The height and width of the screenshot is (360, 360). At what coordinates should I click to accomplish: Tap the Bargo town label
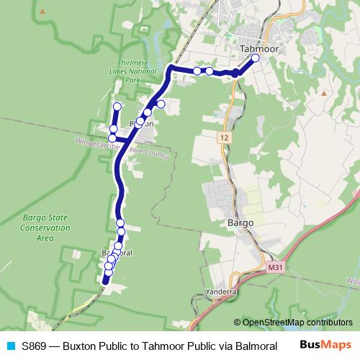pos(240,223)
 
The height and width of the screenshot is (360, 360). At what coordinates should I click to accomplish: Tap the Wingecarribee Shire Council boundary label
pos(121,148)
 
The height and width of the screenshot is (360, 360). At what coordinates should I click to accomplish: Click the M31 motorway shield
pos(272,267)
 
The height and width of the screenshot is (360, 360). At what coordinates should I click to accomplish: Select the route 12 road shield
pos(225,135)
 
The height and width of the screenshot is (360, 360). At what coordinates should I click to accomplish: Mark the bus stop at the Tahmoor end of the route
pos(255,58)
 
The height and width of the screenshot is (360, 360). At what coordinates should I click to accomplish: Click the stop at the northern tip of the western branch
pos(117,107)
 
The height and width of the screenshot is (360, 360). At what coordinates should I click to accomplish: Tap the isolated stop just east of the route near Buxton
pos(161,104)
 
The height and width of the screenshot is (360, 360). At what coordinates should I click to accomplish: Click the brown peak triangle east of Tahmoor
pos(325,93)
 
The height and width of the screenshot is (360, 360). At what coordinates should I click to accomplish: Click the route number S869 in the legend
pos(34,345)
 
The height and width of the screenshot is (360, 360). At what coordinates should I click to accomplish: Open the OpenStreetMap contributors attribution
pos(292,322)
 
